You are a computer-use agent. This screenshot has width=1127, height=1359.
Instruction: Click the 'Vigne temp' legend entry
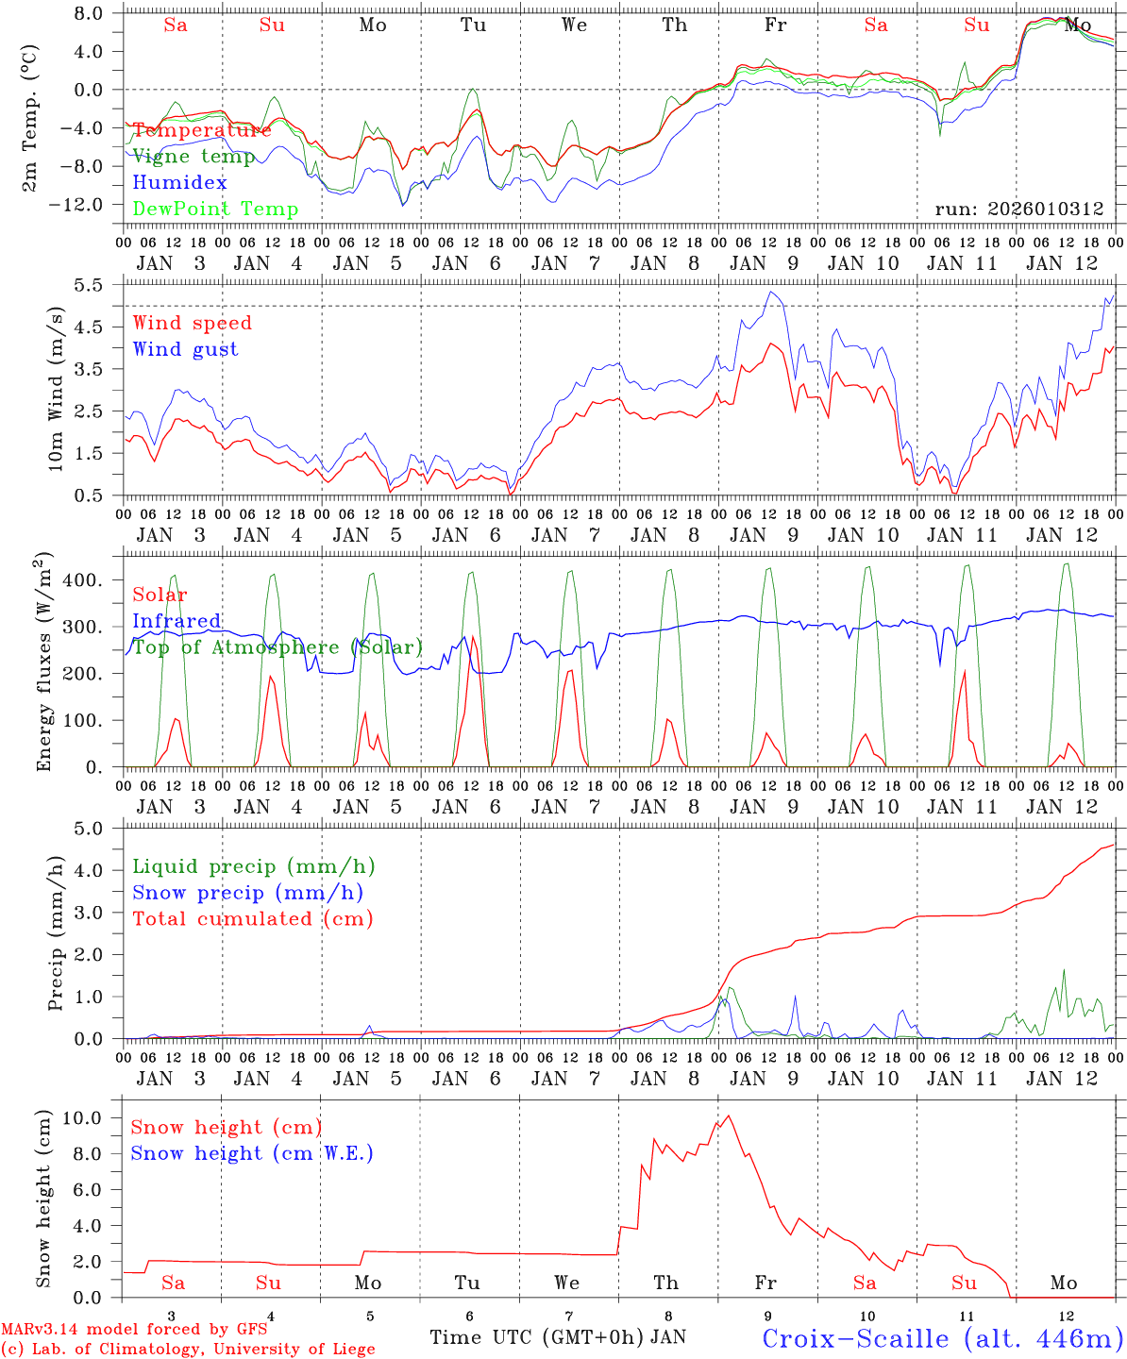point(193,157)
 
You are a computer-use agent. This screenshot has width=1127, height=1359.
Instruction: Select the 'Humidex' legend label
point(179,183)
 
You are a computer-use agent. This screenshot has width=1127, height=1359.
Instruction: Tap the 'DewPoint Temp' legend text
point(215,210)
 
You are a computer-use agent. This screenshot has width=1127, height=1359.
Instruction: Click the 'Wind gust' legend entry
point(185,349)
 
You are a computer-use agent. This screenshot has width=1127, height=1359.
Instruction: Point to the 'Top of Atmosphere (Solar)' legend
point(278,647)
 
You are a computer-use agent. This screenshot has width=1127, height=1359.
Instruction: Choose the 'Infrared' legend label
point(177,621)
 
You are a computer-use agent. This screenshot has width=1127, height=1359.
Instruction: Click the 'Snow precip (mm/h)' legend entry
point(247,893)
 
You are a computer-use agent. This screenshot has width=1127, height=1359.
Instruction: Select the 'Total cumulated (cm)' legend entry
point(252,919)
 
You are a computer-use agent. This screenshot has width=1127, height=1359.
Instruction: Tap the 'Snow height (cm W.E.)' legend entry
point(251,1153)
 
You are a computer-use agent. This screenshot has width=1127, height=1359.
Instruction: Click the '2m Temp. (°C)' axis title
point(30,118)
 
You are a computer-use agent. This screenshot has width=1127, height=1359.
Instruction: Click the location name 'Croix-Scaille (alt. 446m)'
point(941,1338)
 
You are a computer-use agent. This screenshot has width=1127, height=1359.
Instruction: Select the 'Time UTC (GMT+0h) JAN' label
point(558,1337)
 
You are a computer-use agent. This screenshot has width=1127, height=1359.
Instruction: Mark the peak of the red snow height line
point(728,1116)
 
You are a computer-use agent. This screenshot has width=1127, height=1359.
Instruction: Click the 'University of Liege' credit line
point(189,1350)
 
